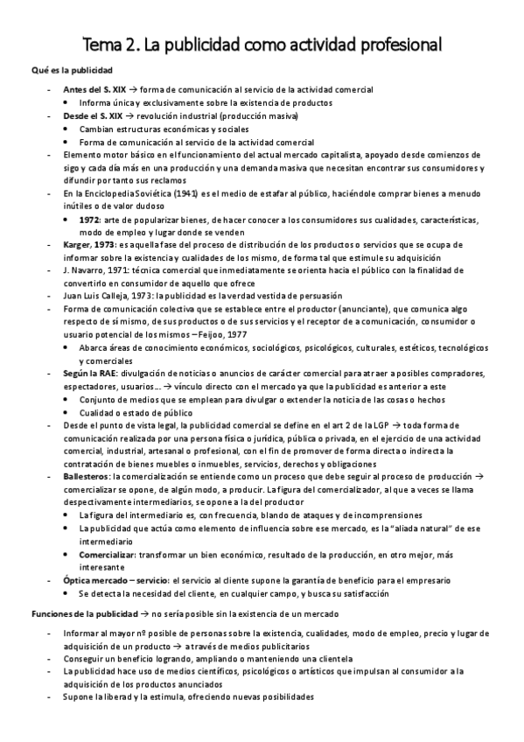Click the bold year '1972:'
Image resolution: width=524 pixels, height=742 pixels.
click(91, 218)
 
